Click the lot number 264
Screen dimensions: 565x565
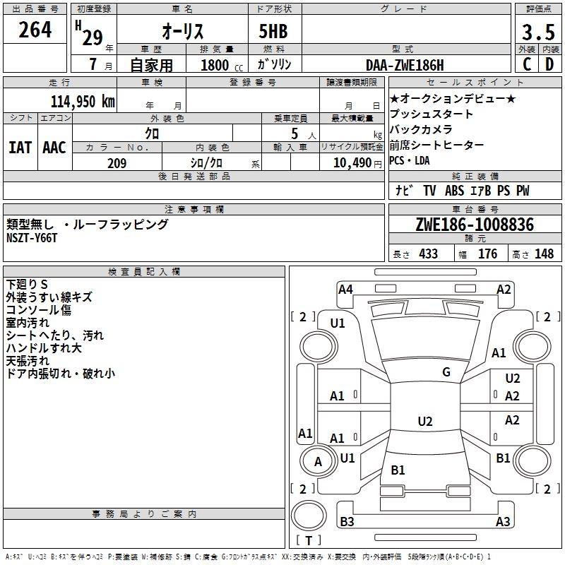point(35,31)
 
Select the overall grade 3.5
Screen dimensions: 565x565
point(537,32)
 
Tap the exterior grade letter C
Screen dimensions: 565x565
point(526,64)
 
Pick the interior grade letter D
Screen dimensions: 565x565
point(549,64)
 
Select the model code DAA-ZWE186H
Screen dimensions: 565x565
point(405,64)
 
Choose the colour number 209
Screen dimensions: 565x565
point(117,163)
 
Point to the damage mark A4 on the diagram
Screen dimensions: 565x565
point(345,289)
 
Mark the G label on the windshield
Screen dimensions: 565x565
point(446,372)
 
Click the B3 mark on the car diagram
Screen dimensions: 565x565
point(347,522)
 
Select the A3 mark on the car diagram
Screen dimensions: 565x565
point(503,522)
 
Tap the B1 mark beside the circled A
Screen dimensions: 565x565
point(398,470)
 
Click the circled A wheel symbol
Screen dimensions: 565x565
point(318,461)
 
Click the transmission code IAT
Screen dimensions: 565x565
point(20,148)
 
